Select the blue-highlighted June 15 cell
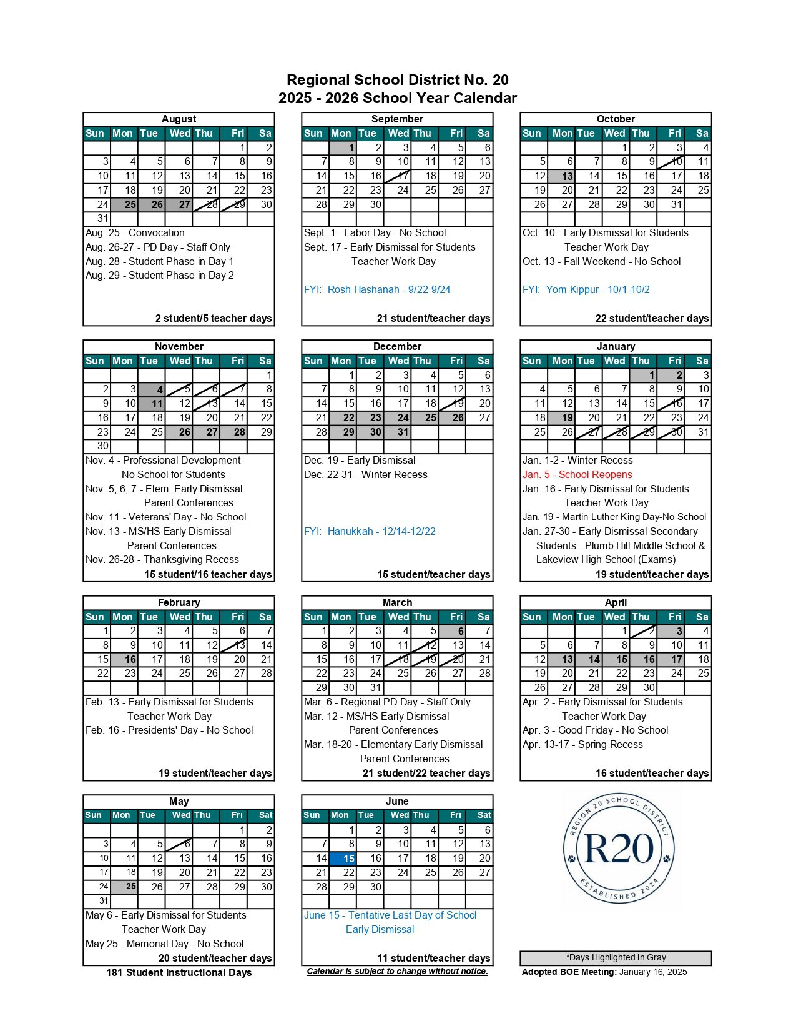tap(342, 859)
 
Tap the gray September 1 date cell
tap(342, 148)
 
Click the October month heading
tap(616, 119)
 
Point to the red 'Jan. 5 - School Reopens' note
tap(577, 475)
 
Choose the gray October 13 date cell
tap(561, 176)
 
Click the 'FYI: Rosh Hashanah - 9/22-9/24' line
tap(377, 290)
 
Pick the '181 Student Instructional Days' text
tap(179, 973)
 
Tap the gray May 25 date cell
tap(124, 887)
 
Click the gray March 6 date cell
tap(452, 631)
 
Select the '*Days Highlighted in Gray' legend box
tap(616, 958)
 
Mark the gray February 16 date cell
tap(124, 660)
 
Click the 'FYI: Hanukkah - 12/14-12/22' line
tap(370, 532)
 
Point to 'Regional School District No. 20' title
tap(398, 80)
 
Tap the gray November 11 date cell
tap(151, 404)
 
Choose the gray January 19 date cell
tap(561, 418)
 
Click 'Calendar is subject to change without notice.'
tap(398, 972)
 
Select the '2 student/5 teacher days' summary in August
tap(214, 319)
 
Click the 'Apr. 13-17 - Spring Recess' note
tap(582, 745)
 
